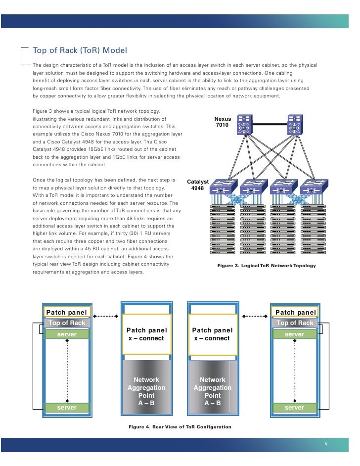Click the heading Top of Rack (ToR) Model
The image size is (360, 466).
click(80, 50)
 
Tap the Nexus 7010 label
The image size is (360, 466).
click(223, 122)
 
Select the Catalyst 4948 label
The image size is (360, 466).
click(197, 185)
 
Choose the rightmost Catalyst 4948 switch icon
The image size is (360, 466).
click(312, 187)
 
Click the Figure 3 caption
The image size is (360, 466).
click(266, 266)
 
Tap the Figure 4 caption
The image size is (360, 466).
click(180, 426)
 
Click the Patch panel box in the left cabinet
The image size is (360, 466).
click(66, 312)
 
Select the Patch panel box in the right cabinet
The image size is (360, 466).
click(295, 312)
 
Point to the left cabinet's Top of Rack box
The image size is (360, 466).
click(66, 323)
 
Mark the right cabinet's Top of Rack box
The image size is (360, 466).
click(295, 323)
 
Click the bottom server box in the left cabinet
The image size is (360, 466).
click(66, 408)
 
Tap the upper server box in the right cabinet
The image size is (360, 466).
click(295, 334)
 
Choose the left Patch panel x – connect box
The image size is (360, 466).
click(147, 334)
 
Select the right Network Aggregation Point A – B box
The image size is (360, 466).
click(213, 388)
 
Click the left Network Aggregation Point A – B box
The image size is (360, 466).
click(147, 388)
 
